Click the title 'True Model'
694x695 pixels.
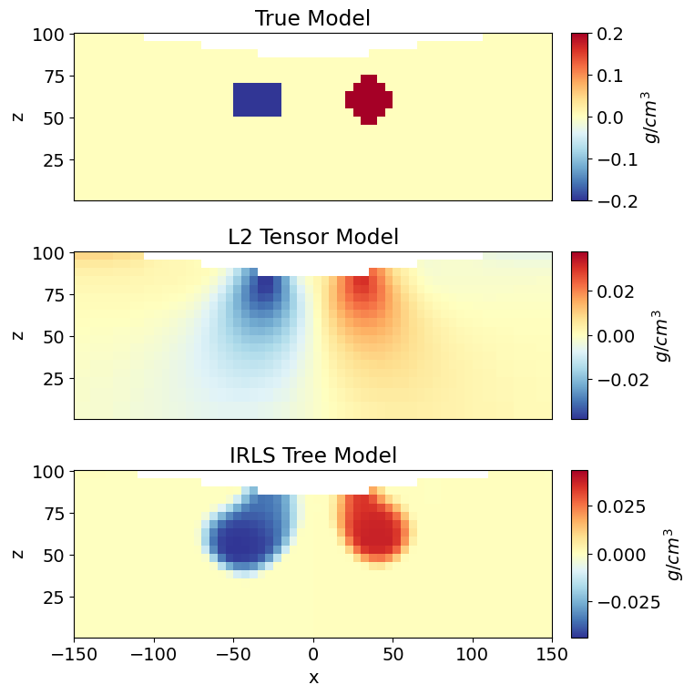click(312, 18)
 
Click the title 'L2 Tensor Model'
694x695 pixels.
click(312, 238)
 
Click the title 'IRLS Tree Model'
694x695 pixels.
click(312, 455)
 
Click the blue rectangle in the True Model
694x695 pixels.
click(257, 99)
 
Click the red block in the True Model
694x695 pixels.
click(368, 99)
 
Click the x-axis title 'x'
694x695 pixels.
click(313, 678)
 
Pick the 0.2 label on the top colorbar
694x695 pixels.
click(611, 35)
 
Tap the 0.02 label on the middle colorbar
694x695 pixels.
click(616, 291)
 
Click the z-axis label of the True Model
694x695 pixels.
click(17, 117)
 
